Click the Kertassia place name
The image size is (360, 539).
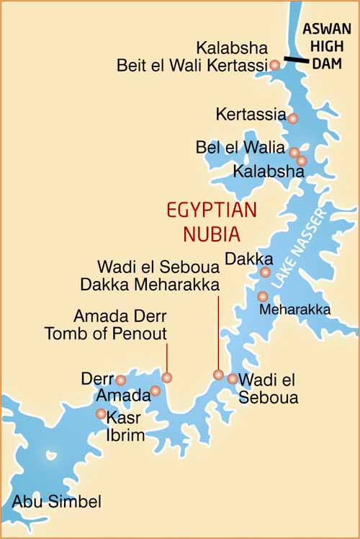(x=251, y=115)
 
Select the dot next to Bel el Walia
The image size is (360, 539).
(x=294, y=152)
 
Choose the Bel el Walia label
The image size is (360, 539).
(x=240, y=148)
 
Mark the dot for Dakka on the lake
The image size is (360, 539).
(x=265, y=272)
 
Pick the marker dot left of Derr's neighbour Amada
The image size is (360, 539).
(x=155, y=391)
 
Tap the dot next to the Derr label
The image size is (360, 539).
(x=121, y=380)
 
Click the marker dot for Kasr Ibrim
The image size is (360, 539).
(x=101, y=414)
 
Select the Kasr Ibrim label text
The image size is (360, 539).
(x=125, y=427)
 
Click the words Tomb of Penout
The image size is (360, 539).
(x=105, y=333)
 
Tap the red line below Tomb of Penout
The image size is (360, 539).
(x=167, y=357)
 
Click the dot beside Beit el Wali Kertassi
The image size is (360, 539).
(x=274, y=66)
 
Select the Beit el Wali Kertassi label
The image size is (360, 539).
(x=192, y=66)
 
